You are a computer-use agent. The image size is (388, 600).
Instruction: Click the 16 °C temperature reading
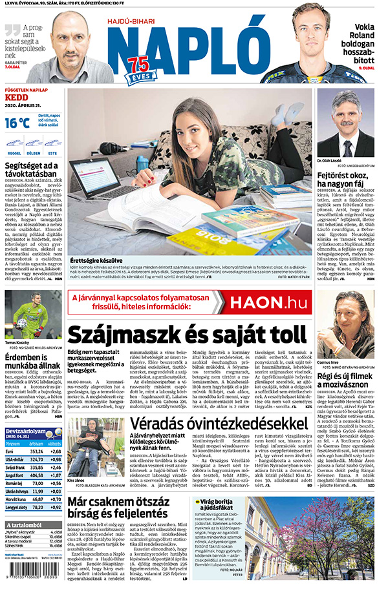pyautogui.click(x=17, y=123)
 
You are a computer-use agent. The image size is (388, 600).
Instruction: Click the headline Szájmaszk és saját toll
pyautogui.click(x=187, y=335)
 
